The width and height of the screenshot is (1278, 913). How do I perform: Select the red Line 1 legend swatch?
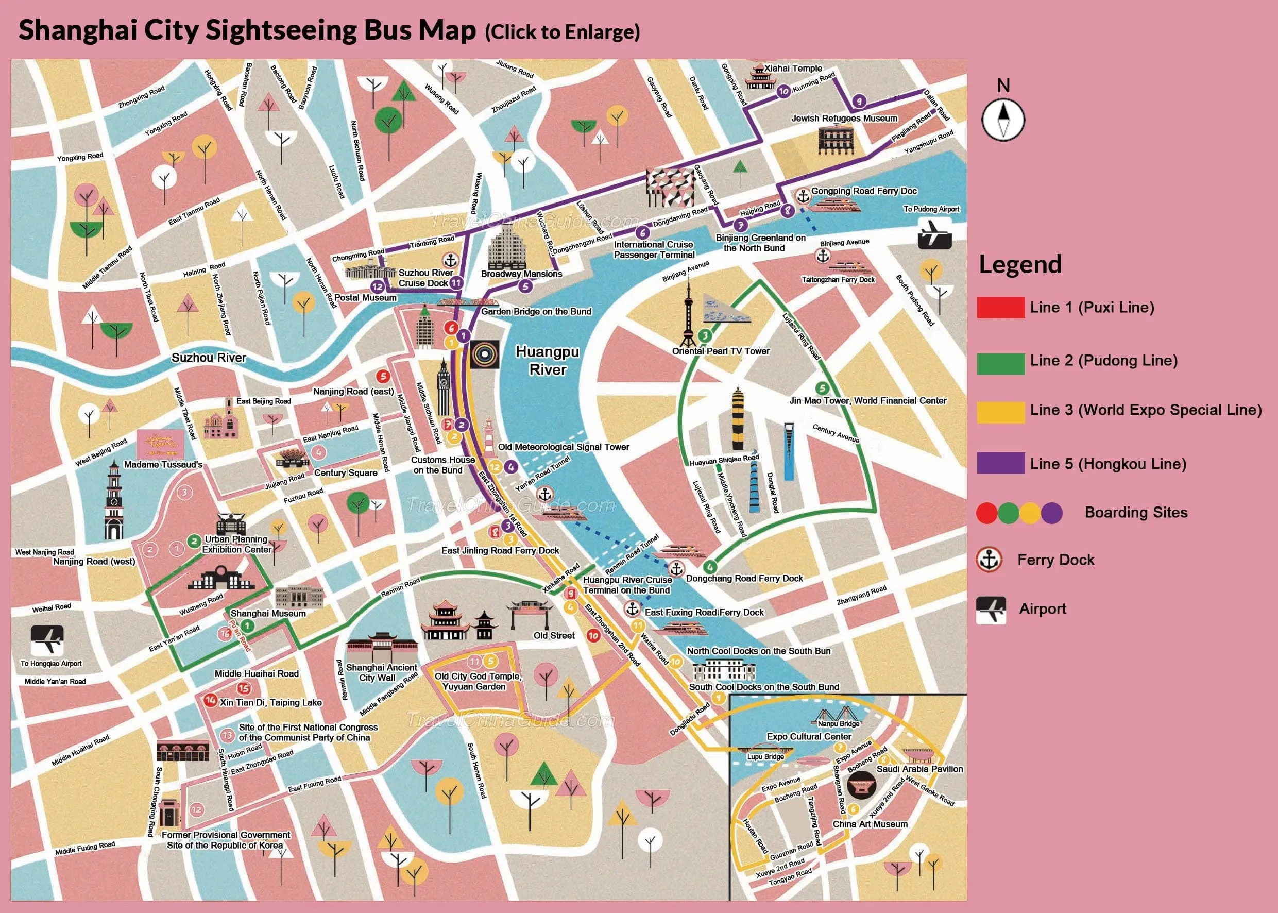(1000, 308)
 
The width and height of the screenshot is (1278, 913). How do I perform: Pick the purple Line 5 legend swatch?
(1000, 464)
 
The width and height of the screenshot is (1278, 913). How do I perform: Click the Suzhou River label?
(209, 358)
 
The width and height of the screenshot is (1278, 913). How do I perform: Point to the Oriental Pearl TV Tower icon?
(688, 315)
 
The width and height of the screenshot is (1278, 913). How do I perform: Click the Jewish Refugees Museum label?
(844, 118)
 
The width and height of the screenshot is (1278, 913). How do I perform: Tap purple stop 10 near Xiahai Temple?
(783, 92)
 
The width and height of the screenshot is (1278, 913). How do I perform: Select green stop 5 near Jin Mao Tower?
(822, 388)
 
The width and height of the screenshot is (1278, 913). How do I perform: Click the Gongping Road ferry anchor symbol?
(803, 196)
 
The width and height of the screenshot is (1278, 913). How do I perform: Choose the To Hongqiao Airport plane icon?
(47, 639)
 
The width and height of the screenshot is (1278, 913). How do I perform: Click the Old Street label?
(554, 635)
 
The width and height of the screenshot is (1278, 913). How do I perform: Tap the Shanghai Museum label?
(268, 613)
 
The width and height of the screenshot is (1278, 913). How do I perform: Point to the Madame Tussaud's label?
(163, 464)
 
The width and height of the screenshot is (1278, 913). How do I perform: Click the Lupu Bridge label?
(765, 757)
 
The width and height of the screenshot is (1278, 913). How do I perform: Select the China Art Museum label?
(870, 824)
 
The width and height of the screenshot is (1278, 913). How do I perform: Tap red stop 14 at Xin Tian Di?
(210, 700)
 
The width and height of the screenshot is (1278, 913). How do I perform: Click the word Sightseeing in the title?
(281, 30)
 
